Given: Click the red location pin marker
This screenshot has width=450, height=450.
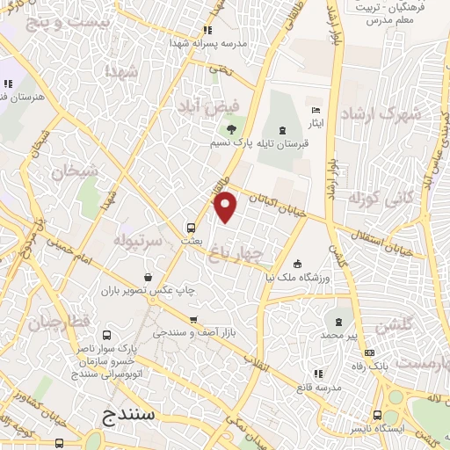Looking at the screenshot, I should (227, 207).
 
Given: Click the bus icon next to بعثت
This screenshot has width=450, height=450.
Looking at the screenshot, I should (191, 225).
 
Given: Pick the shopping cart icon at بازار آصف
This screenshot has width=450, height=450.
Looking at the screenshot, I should (193, 319).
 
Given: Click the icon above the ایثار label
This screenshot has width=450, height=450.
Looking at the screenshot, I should (316, 111).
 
